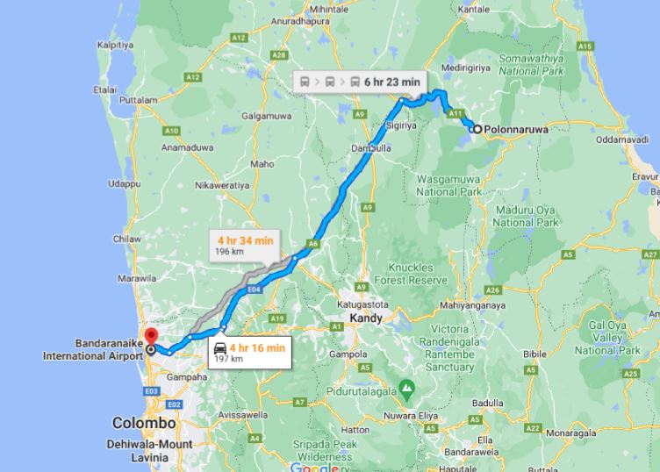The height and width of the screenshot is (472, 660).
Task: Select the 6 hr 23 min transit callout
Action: pos(360,82)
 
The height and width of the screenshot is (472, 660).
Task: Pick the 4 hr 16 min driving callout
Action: pos(250,353)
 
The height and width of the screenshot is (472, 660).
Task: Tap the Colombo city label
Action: pos(144,423)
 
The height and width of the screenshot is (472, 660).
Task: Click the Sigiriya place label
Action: pos(401,126)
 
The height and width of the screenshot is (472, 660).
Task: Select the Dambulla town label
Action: pos(370,148)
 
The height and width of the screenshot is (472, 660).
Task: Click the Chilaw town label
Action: pos(127,239)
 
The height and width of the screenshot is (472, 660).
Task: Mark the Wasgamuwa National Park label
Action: pos(449,184)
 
